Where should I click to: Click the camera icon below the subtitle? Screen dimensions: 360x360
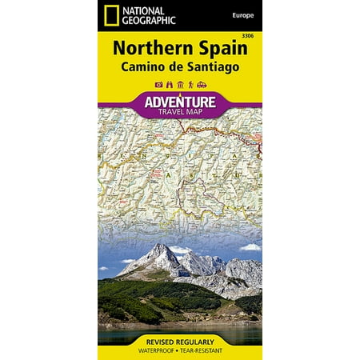tap(158, 85)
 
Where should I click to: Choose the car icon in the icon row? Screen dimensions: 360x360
tap(201, 85)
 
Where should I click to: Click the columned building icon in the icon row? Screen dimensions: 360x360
tap(178, 85)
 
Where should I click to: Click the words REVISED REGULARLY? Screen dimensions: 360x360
tap(180, 338)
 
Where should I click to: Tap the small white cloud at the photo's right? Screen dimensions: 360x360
tap(250, 247)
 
